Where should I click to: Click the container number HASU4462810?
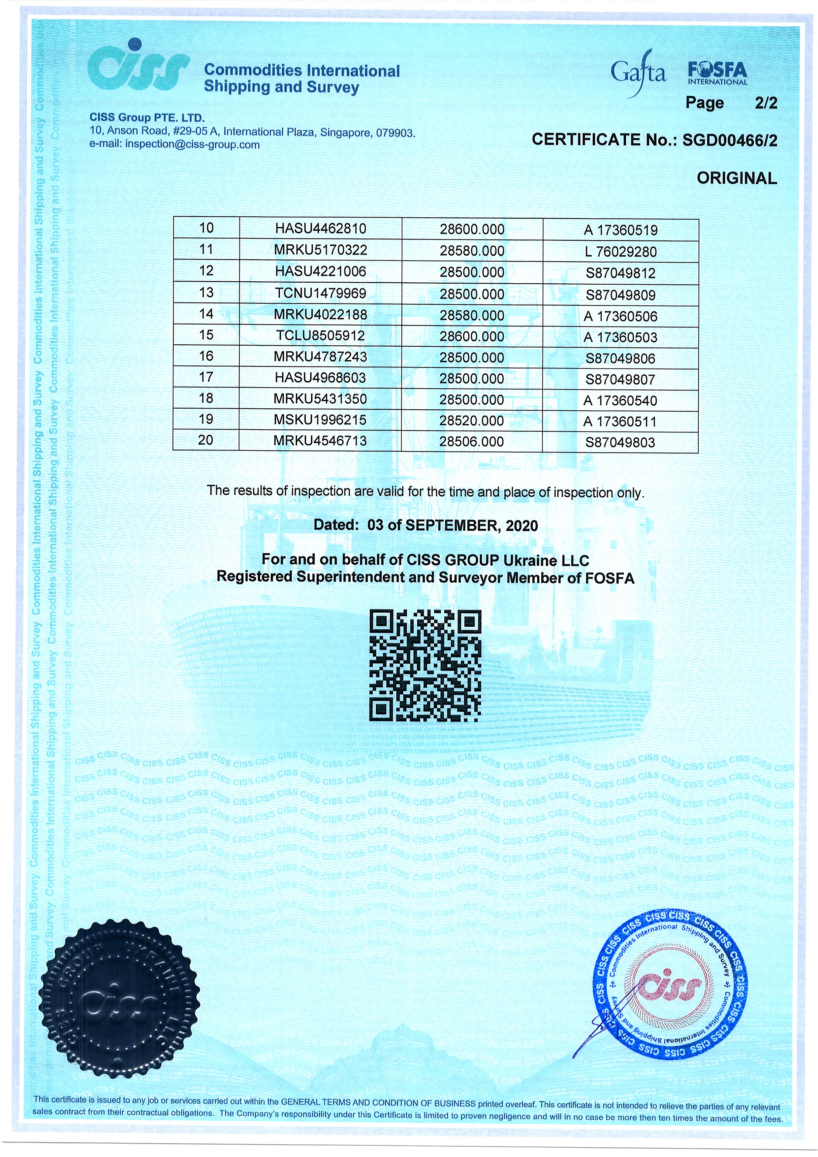click(321, 229)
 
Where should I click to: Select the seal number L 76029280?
click(620, 251)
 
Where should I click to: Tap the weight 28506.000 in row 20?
click(471, 441)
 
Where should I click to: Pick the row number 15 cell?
click(206, 335)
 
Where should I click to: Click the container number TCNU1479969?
click(321, 293)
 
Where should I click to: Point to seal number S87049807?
click(620, 379)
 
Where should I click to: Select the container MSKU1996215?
click(320, 420)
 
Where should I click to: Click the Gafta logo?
click(638, 74)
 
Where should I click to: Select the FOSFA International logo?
click(717, 74)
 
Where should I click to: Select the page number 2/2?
click(766, 103)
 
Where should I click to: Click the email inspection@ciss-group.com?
click(193, 144)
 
